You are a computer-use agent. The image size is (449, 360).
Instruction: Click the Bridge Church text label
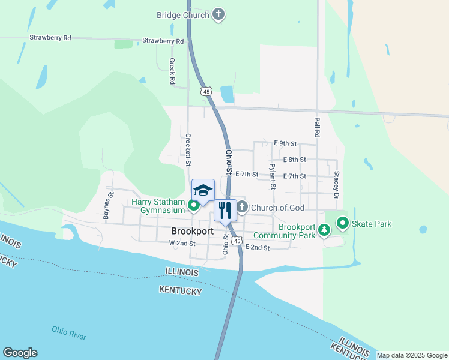coord(183,15)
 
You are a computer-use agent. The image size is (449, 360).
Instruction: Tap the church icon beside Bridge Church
coord(218,15)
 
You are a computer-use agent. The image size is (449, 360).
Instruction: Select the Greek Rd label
coord(173,70)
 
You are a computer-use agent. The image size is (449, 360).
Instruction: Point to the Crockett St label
coord(188,149)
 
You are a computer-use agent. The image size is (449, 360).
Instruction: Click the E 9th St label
coord(285,144)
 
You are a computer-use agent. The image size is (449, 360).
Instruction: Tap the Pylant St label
coord(273,176)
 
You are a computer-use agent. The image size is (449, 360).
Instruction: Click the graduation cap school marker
coord(203,191)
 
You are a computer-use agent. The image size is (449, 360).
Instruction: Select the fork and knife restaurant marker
coord(225,211)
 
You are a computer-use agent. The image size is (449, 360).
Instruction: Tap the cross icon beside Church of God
coord(241,208)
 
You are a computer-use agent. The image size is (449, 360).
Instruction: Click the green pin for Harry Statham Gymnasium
coord(194,206)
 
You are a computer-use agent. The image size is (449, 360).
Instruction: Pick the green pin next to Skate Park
coord(343,224)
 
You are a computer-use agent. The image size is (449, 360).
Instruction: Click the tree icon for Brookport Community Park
coord(324,230)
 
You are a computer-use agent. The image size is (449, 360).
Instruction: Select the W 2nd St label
coord(182,244)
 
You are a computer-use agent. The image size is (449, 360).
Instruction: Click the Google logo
coord(20,353)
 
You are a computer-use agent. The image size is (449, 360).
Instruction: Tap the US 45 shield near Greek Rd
coord(206,91)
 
